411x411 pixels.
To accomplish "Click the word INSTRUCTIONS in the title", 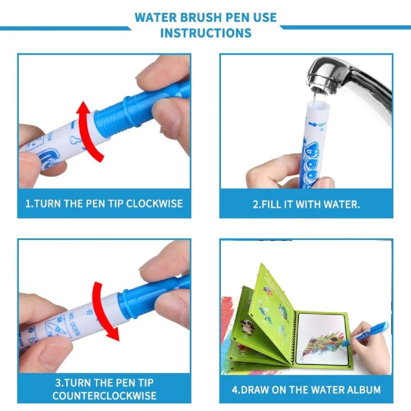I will pyautogui.click(x=206, y=33).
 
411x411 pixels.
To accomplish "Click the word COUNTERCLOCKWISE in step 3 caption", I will pyautogui.click(x=104, y=396).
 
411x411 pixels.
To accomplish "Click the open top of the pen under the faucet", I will pyautogui.click(x=318, y=104).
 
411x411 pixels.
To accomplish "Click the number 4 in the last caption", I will pyautogui.click(x=235, y=390).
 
